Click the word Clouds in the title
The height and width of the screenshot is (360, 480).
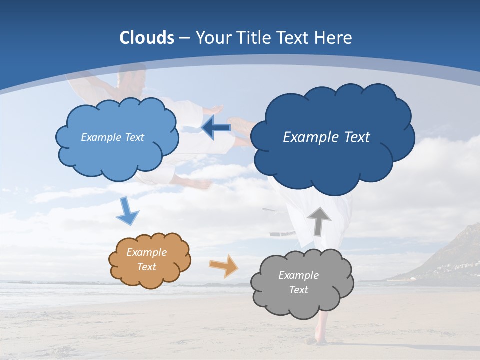147,38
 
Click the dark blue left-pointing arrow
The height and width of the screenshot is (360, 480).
216,128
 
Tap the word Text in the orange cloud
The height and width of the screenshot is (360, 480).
147,267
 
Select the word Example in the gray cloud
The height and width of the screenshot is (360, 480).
298,275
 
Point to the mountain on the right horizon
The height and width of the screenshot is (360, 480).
455,255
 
